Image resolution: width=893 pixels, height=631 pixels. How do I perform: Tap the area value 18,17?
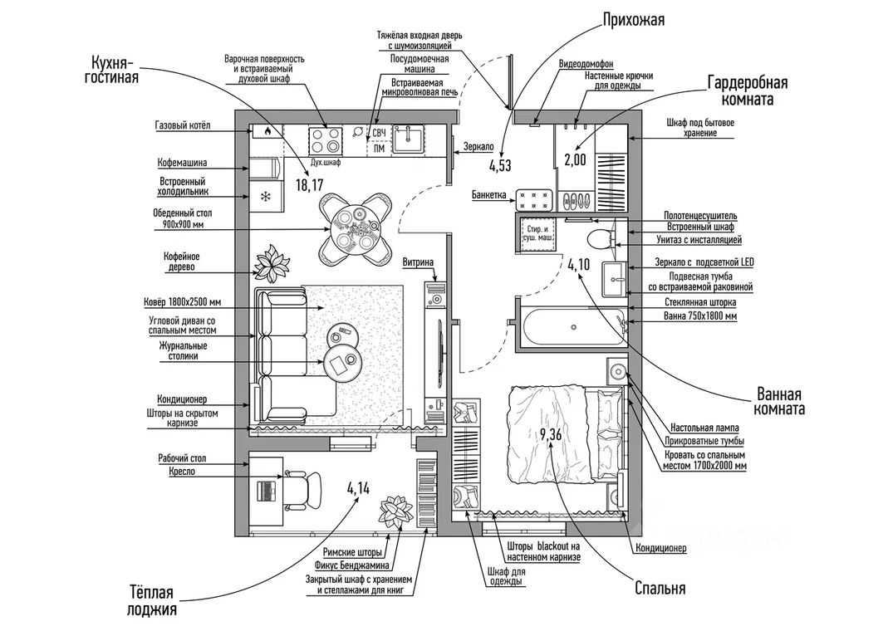pyautogui.click(x=309, y=184)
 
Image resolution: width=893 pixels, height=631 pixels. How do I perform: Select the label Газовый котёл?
pyautogui.click(x=183, y=125)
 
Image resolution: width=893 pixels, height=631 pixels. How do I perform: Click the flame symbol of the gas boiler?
pyautogui.click(x=267, y=131)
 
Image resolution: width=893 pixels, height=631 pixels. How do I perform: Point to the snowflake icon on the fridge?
pyautogui.click(x=267, y=197)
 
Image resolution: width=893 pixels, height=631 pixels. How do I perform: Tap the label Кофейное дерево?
pyautogui.click(x=181, y=262)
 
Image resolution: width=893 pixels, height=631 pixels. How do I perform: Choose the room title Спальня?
pyautogui.click(x=660, y=589)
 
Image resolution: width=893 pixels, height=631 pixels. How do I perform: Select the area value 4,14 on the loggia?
pyautogui.click(x=358, y=488)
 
